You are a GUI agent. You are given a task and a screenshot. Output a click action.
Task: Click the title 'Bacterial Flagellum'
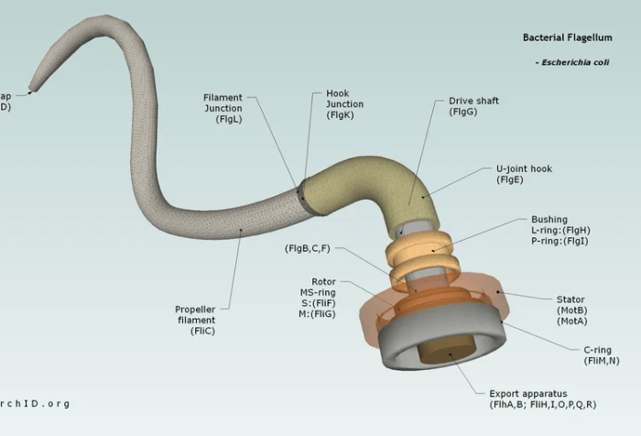[568, 38]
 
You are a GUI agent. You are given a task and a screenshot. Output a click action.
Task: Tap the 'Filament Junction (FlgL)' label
[223, 108]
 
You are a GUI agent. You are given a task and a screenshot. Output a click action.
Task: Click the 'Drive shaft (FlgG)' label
[473, 106]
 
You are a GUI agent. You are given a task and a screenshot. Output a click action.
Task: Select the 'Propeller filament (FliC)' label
[195, 320]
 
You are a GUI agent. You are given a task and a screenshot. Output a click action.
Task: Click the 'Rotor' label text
[323, 281]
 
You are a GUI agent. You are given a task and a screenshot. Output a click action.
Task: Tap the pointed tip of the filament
[31, 90]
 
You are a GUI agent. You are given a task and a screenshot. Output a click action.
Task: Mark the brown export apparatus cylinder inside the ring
[439, 349]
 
